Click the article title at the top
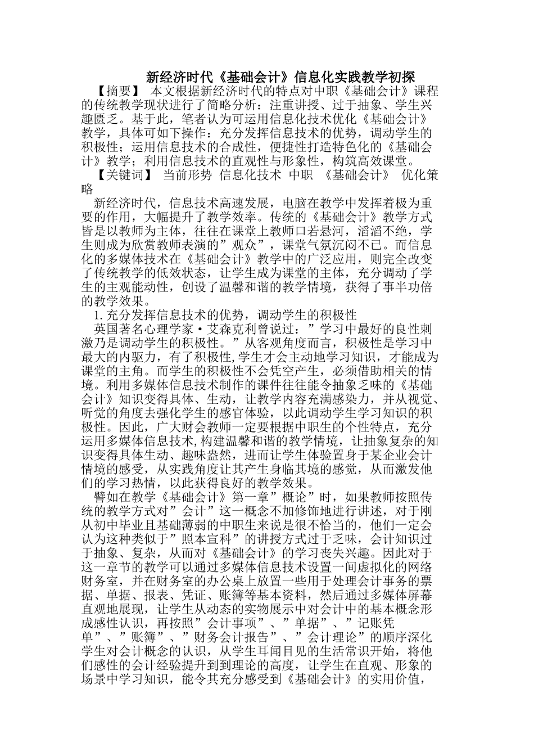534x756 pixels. pos(280,76)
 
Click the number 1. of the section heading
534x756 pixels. pos(99,314)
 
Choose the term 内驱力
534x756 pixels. pos(142,356)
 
